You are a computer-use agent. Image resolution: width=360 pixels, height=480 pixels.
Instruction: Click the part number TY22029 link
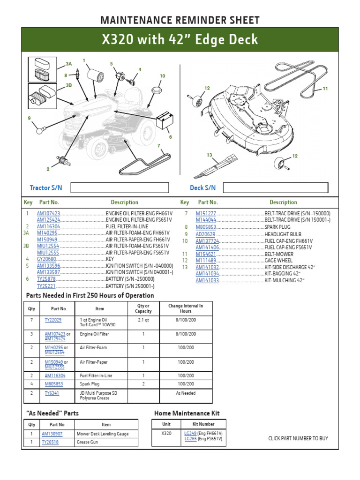(52, 320)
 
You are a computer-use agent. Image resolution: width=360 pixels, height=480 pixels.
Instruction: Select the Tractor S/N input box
(119, 188)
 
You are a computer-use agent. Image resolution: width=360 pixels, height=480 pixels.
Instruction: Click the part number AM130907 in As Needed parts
(52, 434)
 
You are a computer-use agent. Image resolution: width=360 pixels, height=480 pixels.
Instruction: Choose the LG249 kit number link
(190, 434)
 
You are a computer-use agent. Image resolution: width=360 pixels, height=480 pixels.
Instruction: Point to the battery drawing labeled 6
(164, 121)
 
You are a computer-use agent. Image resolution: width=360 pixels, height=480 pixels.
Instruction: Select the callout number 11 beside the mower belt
(325, 89)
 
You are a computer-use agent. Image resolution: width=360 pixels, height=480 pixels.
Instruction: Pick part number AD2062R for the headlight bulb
(205, 234)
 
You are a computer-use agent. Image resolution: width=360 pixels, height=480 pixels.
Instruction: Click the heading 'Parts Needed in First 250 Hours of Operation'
(90, 295)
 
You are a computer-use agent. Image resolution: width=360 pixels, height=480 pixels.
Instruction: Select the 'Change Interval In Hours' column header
(186, 308)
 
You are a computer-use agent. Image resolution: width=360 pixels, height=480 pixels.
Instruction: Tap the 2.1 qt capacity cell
(143, 320)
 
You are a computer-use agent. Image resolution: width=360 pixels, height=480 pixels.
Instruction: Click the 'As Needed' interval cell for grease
(186, 393)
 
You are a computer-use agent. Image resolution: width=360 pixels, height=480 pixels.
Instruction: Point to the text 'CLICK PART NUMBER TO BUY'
(298, 438)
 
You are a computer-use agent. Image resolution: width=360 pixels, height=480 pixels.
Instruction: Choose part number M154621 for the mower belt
(206, 254)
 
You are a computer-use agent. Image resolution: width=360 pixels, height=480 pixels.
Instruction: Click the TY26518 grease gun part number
(50, 442)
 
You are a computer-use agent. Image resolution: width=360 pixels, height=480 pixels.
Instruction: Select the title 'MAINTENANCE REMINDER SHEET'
(180, 20)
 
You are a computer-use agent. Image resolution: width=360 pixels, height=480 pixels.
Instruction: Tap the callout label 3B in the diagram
(68, 85)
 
